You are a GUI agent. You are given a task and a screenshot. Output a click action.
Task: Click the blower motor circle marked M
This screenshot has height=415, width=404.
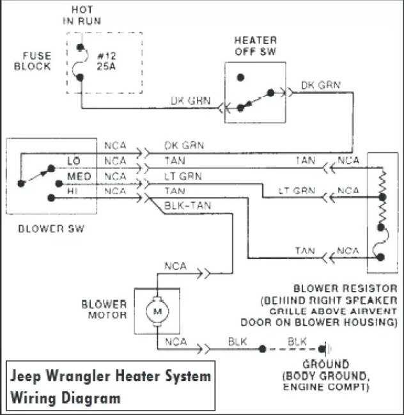point(156,311)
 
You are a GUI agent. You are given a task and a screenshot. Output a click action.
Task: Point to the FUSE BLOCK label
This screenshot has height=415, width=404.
point(33,61)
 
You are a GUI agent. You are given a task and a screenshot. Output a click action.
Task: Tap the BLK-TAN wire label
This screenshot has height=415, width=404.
point(188,205)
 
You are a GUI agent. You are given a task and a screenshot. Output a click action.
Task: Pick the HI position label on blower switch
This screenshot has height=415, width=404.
point(72,190)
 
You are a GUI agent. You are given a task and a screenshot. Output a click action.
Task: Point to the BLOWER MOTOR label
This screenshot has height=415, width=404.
point(105,309)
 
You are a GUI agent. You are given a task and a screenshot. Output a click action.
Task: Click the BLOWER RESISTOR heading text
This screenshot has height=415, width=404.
point(345,289)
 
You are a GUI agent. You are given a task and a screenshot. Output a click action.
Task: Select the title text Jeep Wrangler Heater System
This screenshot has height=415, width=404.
point(110,376)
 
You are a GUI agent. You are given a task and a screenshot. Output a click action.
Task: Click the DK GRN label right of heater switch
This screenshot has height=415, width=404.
point(320,84)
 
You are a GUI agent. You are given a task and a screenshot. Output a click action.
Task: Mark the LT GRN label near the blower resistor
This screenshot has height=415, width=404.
point(296,191)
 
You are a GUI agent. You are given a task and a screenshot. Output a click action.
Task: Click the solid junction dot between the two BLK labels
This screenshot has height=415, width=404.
point(262,349)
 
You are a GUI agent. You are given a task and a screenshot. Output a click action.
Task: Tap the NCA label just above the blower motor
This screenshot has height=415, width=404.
point(176,265)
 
